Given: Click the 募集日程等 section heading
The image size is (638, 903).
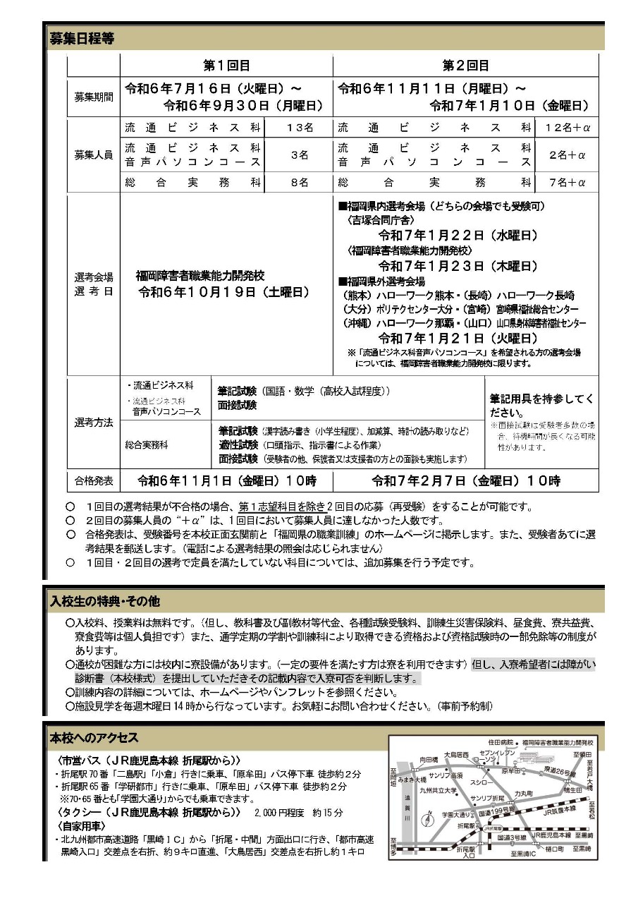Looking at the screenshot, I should [x=82, y=38].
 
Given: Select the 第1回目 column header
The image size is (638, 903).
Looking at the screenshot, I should [x=226, y=65].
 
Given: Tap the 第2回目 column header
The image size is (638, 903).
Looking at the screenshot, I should [x=465, y=65].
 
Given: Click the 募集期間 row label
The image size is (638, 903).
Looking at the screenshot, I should [x=94, y=97].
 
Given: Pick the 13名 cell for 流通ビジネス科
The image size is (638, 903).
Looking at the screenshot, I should [x=299, y=128].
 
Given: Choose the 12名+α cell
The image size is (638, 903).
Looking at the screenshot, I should [x=567, y=128].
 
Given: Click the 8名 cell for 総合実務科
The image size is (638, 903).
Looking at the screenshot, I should [x=299, y=182].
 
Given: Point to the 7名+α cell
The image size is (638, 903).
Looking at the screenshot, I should [x=567, y=182].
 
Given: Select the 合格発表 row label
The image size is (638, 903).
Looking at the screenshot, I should [x=94, y=481].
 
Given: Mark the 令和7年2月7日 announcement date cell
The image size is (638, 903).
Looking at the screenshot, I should [x=465, y=481].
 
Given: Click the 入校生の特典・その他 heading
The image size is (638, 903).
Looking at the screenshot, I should [x=105, y=601].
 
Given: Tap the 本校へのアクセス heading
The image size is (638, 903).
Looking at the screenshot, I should [x=94, y=738].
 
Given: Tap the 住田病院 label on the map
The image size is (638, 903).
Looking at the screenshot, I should [x=501, y=742].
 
